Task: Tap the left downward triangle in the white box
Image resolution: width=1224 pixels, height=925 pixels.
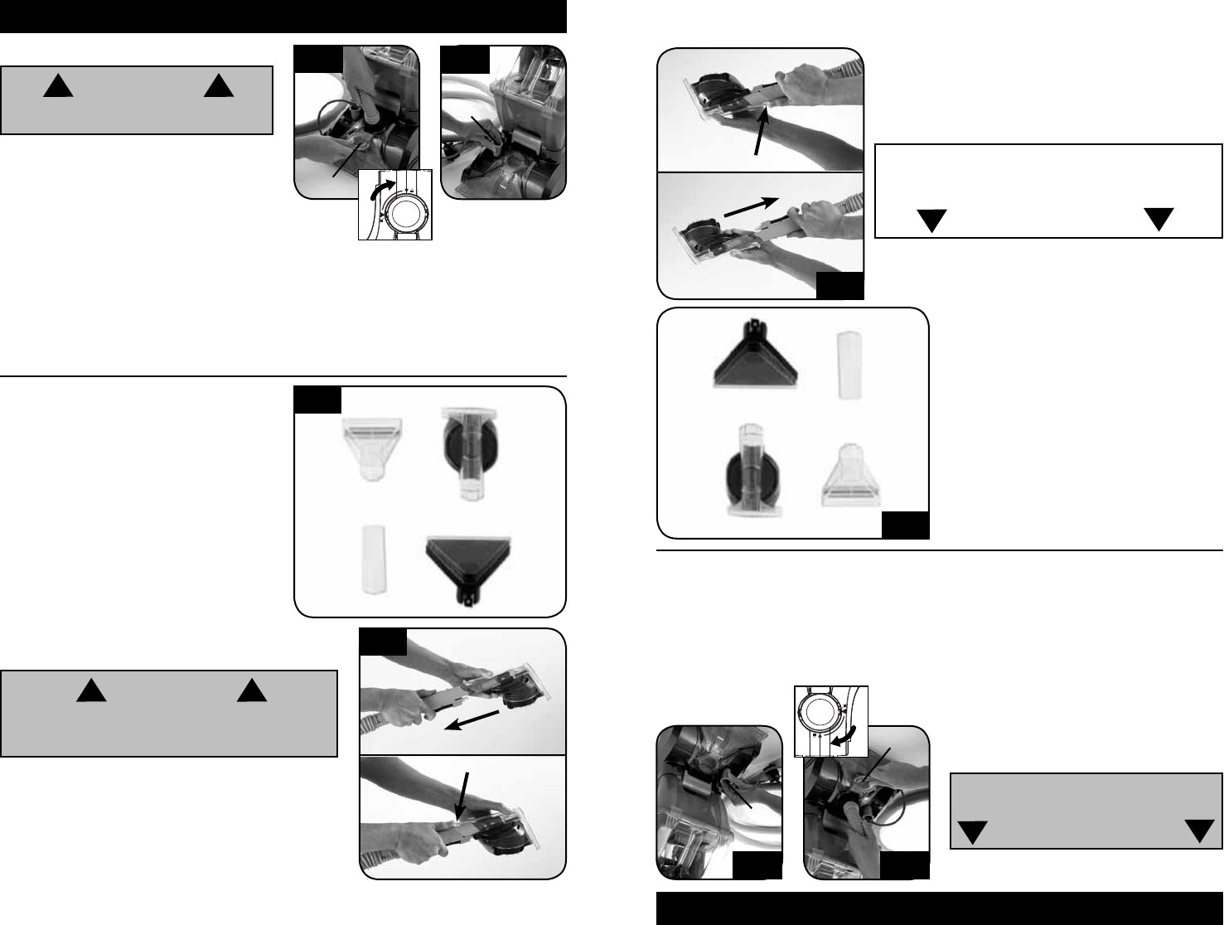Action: tap(931, 221)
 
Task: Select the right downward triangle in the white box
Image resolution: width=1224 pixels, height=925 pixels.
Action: tap(1159, 220)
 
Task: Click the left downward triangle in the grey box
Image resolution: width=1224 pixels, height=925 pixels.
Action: tap(975, 832)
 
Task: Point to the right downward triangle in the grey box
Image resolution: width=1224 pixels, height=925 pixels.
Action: tap(1199, 831)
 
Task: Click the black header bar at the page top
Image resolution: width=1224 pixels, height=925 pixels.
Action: tap(283, 16)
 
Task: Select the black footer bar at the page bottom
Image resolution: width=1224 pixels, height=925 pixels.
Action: tap(940, 908)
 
